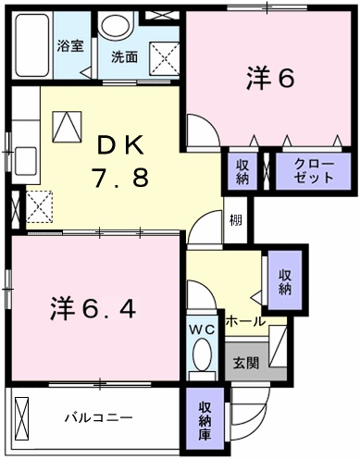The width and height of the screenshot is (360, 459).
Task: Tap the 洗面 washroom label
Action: coord(125,56)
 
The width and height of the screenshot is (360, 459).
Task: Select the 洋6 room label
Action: coord(269,80)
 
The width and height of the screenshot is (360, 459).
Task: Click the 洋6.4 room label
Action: coord(93,308)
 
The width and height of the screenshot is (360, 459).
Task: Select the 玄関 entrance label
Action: coord(245,362)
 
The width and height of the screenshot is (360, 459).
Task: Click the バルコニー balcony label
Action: coord(97,417)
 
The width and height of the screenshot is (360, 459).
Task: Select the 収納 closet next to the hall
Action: coord(284,280)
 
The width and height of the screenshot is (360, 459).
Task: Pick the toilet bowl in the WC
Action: coord(200,356)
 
